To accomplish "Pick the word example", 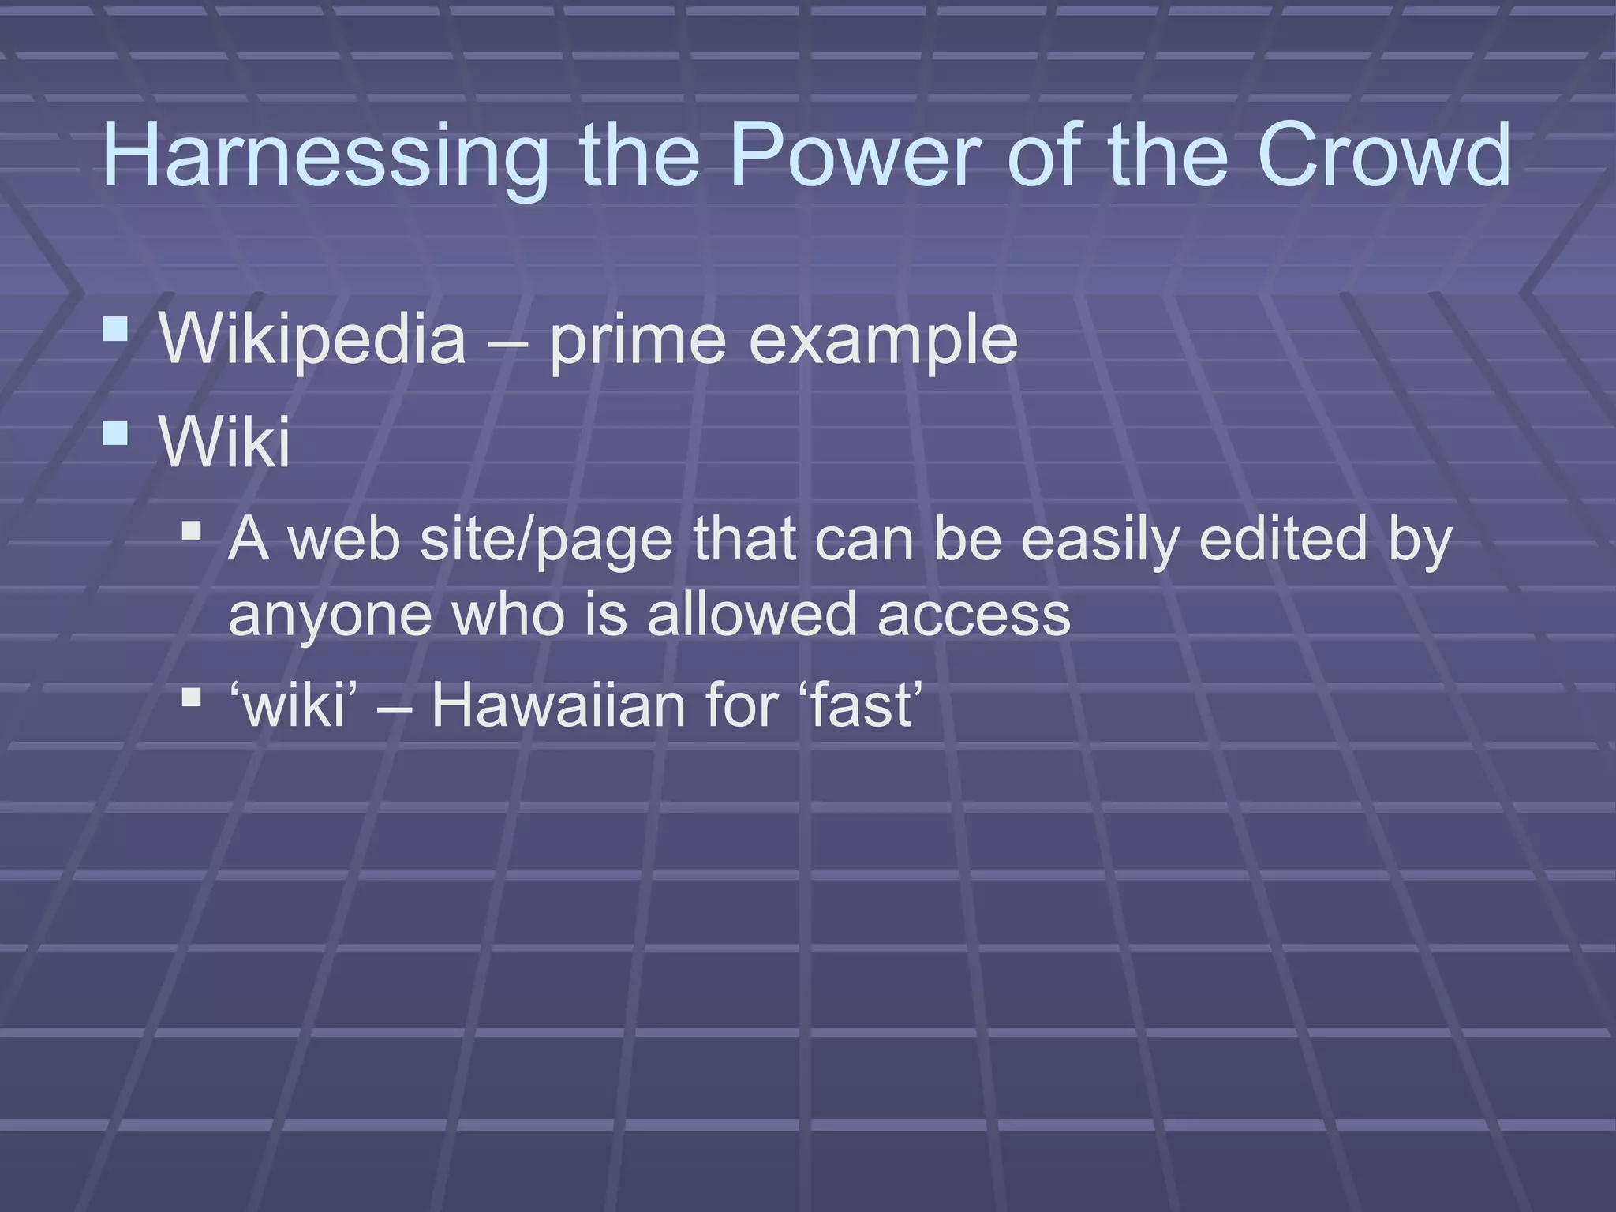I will tap(883, 339).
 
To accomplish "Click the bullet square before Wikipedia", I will tap(115, 329).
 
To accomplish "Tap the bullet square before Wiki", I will tap(115, 432).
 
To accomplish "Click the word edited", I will tap(1282, 540).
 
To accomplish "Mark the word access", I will tap(974, 615).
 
